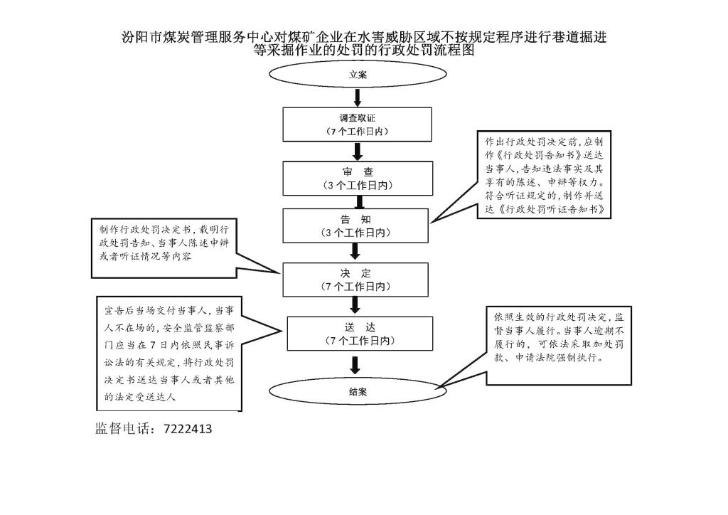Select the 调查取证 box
(x=358, y=124)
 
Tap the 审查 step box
(x=358, y=178)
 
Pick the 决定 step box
(x=356, y=280)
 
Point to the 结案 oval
(x=358, y=391)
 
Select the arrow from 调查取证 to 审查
(x=358, y=151)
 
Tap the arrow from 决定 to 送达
(x=356, y=307)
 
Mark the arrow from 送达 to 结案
(x=356, y=365)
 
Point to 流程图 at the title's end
(x=457, y=51)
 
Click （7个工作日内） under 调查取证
(x=358, y=132)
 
